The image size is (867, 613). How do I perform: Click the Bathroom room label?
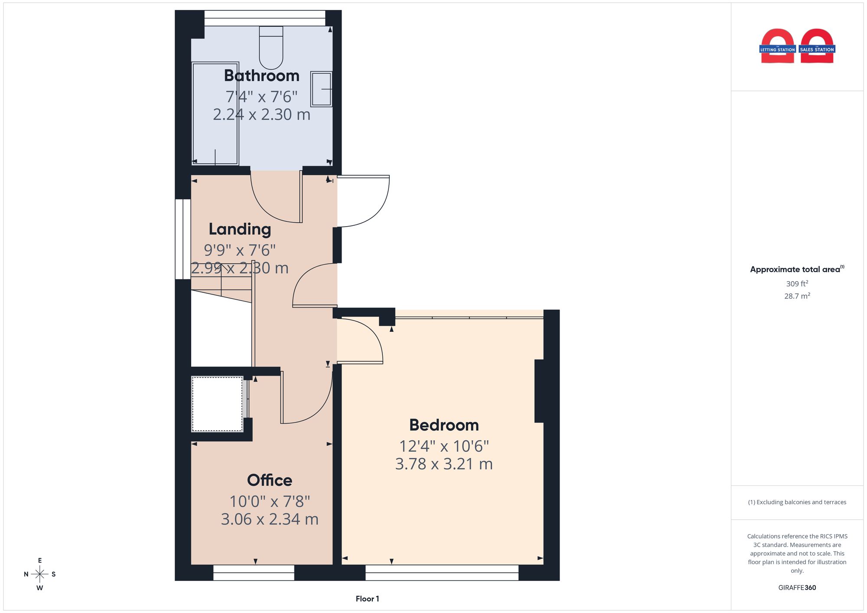click(261, 76)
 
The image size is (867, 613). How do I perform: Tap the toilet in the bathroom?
click(271, 47)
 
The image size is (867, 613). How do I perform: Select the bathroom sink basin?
click(321, 89)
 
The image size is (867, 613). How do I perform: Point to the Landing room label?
click(240, 229)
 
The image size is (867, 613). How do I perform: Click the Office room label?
click(270, 480)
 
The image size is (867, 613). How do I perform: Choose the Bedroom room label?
click(444, 425)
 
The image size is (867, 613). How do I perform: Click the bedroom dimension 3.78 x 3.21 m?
click(444, 464)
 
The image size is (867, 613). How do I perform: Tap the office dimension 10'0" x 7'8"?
click(270, 501)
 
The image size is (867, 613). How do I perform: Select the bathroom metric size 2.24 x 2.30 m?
click(261, 114)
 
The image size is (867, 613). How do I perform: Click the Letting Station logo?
click(777, 46)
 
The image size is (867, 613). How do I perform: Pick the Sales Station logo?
click(817, 46)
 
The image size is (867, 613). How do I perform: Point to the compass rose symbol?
click(40, 574)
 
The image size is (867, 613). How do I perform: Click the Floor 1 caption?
click(367, 599)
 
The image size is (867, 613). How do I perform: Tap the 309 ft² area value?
click(797, 284)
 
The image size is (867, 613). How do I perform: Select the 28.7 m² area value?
click(797, 296)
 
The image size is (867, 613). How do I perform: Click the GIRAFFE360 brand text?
click(797, 587)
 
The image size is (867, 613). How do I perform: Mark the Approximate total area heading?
click(797, 269)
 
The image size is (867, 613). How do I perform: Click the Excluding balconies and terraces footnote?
click(797, 502)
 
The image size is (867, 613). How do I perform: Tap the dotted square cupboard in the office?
click(217, 404)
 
